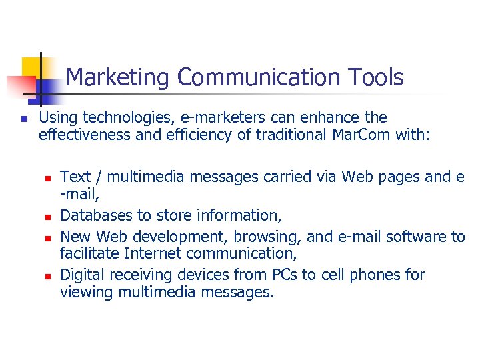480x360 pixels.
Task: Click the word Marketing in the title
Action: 119,78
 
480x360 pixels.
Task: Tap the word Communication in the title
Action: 259,78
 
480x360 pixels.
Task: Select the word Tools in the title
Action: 376,78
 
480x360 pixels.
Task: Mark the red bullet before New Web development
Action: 48,238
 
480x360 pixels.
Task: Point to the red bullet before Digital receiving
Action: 48,276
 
